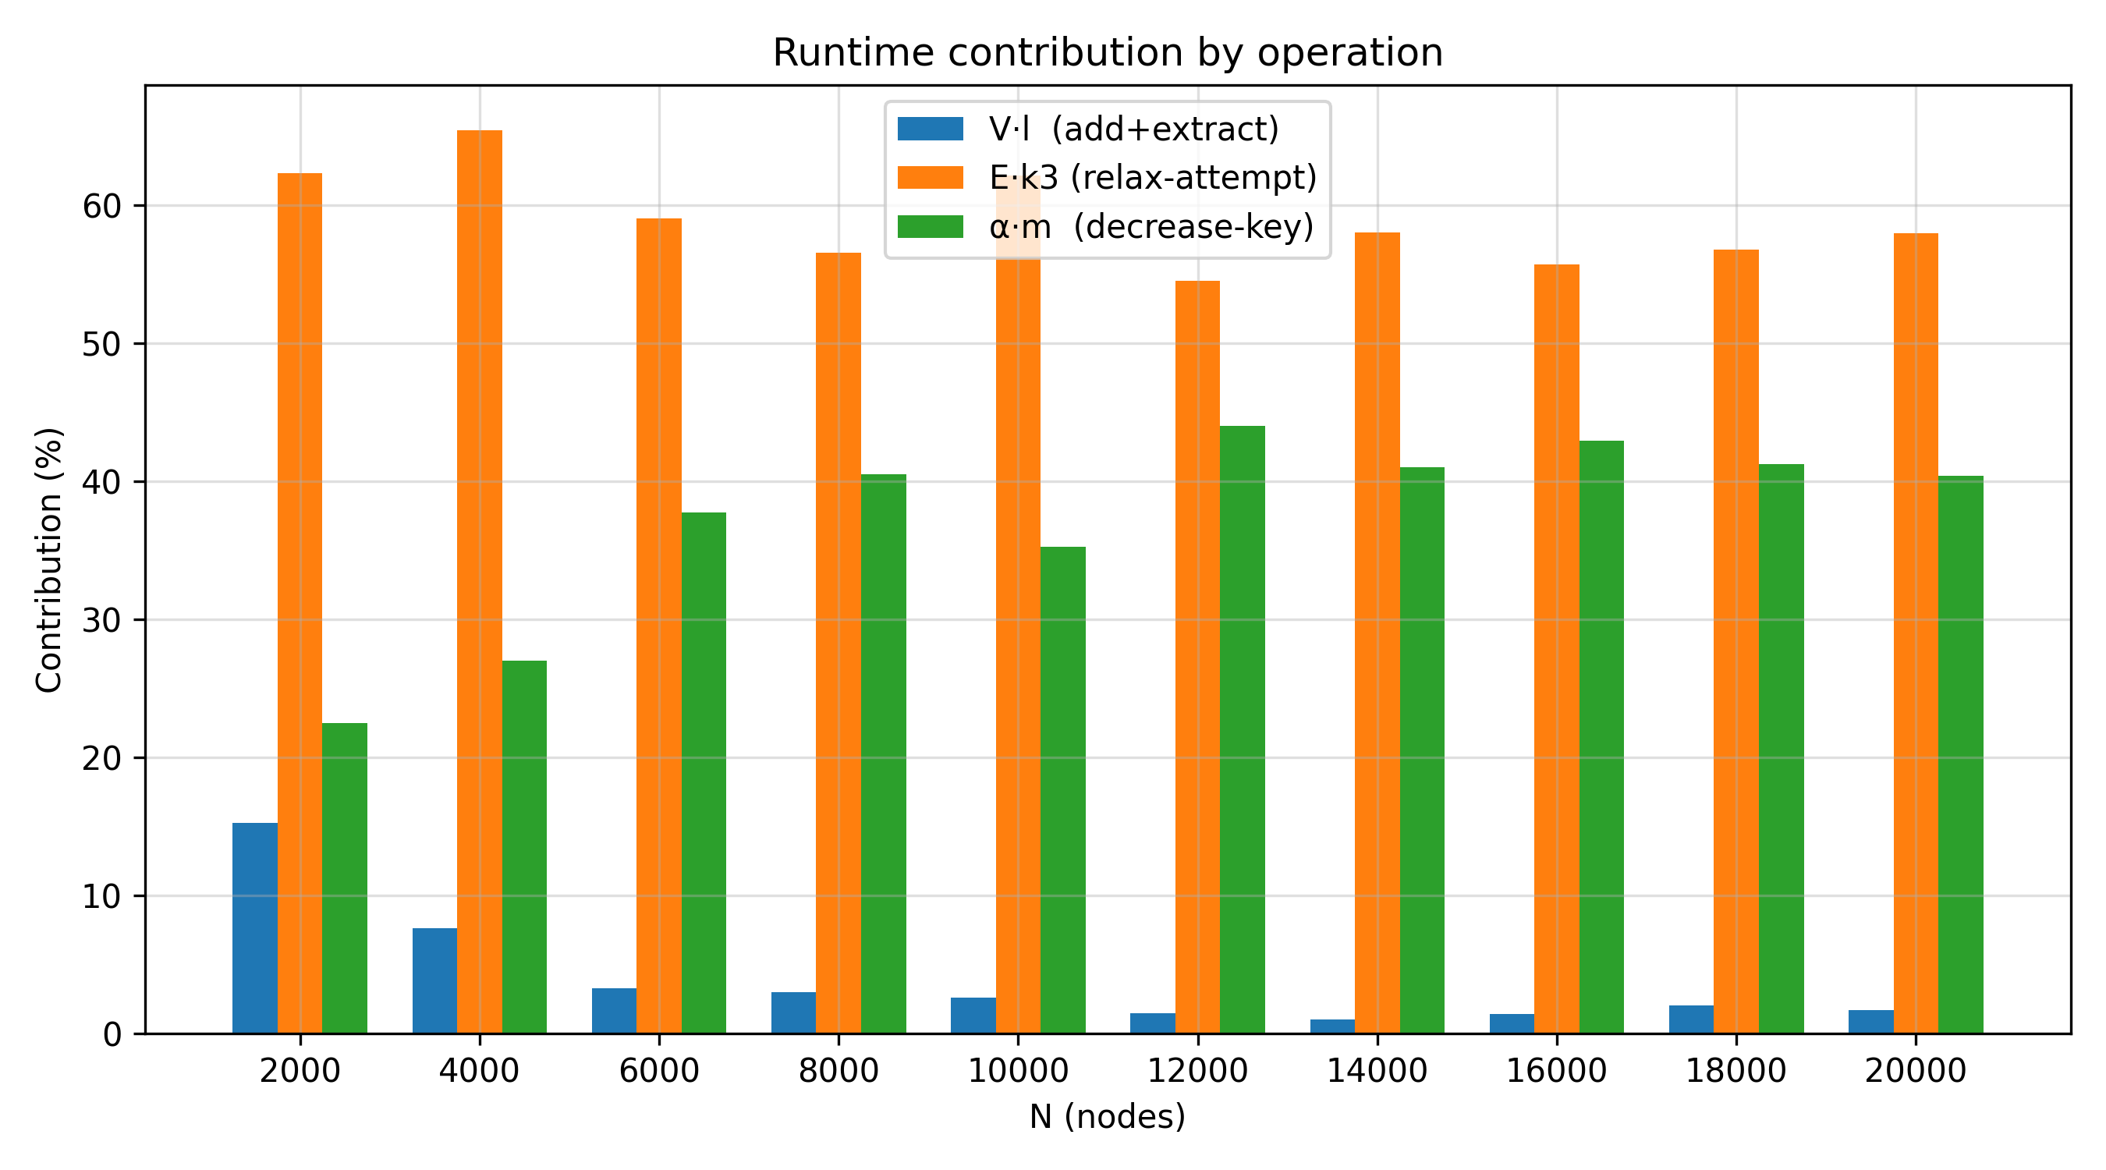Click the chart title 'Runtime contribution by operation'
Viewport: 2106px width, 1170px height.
coord(1108,53)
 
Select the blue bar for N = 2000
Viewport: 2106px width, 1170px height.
coord(255,928)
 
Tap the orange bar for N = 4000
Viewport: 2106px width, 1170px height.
coord(480,582)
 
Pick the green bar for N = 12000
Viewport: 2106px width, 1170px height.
coord(1243,729)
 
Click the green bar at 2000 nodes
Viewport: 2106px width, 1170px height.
coord(345,878)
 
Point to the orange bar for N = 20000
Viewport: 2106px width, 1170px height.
coord(1916,633)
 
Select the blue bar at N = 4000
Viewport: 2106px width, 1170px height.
coord(435,980)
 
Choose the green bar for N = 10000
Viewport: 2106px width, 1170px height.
coord(1063,790)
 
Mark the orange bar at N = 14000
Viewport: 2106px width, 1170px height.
coord(1377,633)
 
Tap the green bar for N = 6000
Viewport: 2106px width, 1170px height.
coord(704,773)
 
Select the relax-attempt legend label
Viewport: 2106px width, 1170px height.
coord(1154,177)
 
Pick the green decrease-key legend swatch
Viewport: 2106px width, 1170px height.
coord(931,226)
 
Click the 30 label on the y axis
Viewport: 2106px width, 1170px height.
coord(102,620)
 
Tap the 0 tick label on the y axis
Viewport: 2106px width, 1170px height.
coord(113,1034)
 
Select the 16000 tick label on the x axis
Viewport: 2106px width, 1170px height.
coord(1557,1070)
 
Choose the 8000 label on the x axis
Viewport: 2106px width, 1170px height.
coord(838,1070)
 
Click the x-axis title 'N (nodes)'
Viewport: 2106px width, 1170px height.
coord(1108,1117)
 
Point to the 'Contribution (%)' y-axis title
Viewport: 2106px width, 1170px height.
coord(49,560)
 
